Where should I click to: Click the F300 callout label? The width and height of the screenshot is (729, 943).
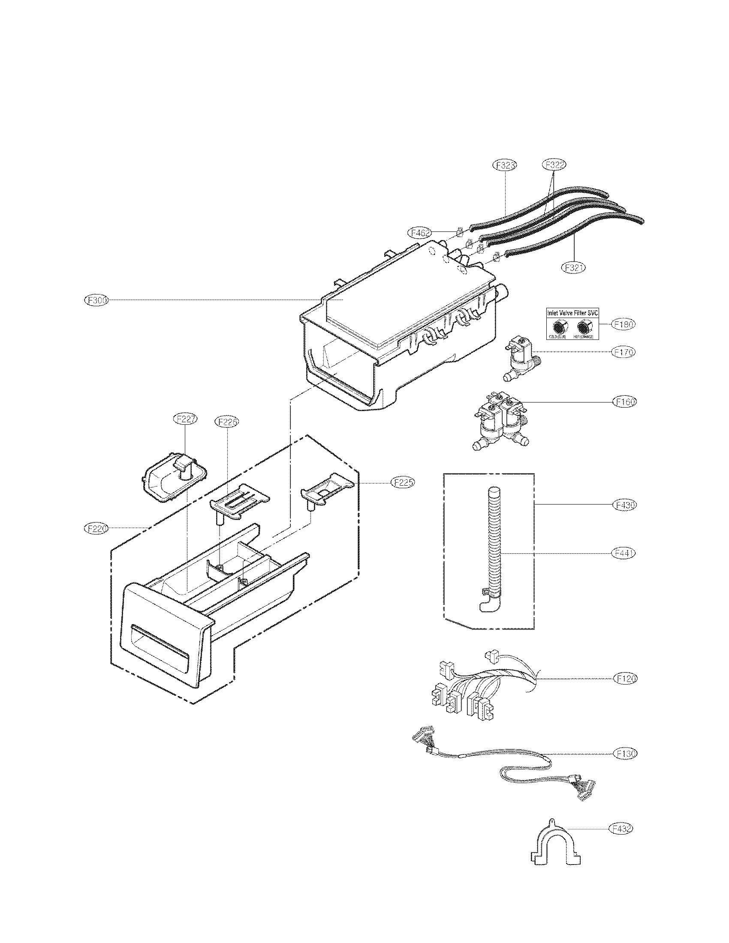[96, 300]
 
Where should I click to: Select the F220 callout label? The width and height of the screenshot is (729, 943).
[96, 528]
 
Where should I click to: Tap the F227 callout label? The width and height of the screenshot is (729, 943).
[185, 418]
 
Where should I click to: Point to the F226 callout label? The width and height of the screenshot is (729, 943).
[227, 422]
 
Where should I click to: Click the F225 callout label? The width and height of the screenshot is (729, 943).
[403, 482]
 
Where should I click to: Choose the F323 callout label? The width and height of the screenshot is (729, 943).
[505, 165]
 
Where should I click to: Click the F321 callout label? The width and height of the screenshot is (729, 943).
[573, 268]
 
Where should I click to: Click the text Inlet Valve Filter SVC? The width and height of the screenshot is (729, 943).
[572, 312]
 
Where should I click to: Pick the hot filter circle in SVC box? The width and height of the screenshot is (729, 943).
[584, 327]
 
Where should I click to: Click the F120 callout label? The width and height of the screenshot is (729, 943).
[625, 679]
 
